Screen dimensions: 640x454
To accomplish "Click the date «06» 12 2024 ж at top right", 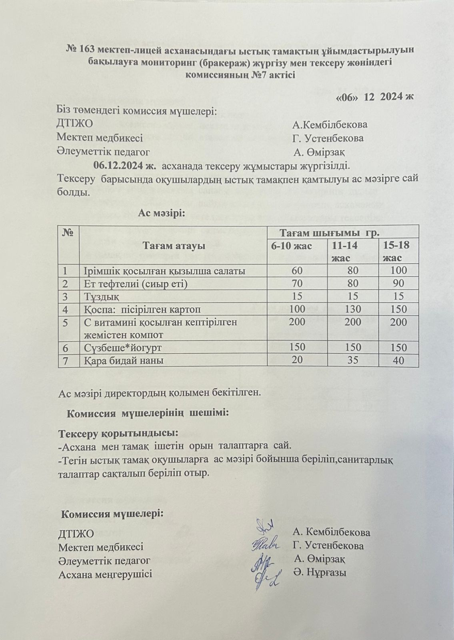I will tap(375, 98).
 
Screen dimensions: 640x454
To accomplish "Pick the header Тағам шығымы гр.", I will tap(330, 233).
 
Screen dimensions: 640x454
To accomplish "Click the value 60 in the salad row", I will tap(297, 271).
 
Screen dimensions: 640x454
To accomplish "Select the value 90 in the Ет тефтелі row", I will tap(398, 284).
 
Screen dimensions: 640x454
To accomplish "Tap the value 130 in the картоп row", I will tap(352, 309).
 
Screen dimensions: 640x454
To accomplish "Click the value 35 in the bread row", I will tap(353, 360).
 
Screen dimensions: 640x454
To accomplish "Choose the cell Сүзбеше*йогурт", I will tap(123, 348).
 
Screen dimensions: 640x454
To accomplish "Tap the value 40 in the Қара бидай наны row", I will tap(398, 360).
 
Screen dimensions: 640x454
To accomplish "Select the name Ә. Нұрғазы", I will tap(320, 572).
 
